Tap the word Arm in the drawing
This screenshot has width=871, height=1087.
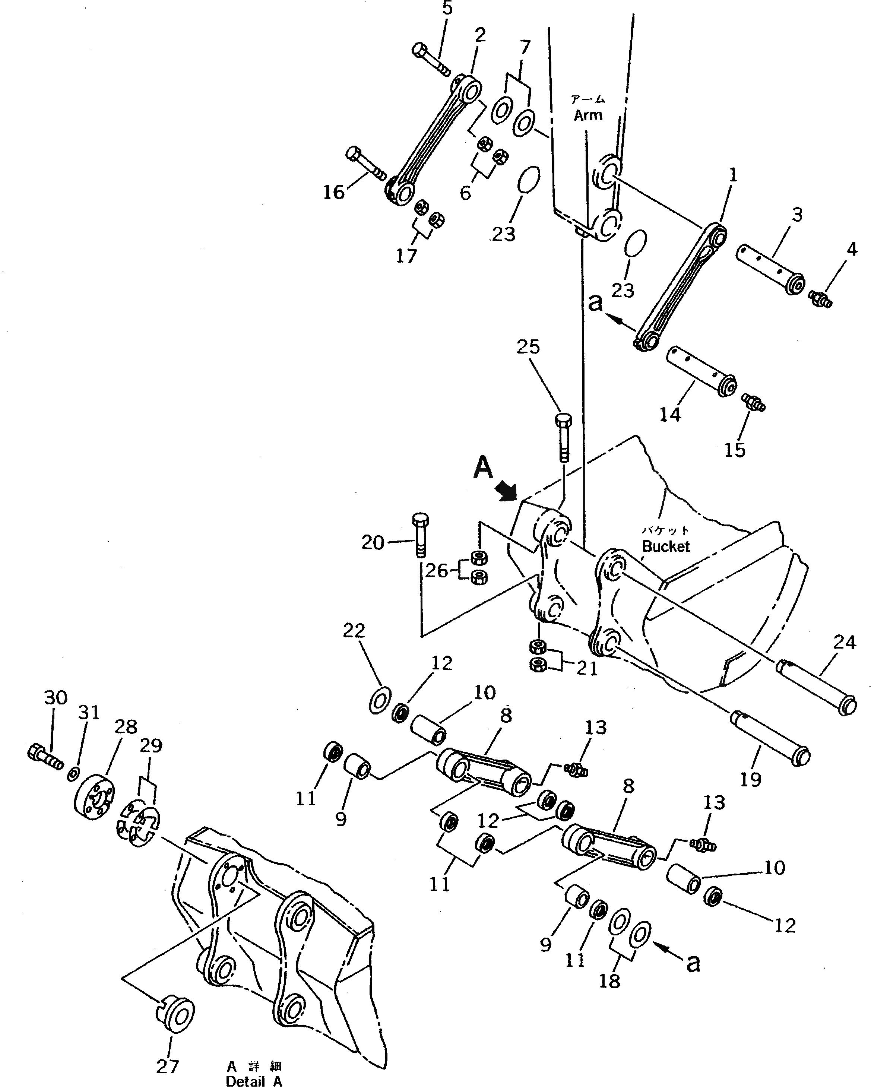pos(588,115)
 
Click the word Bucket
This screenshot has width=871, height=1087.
pos(666,546)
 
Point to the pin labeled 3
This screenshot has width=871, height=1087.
pos(770,270)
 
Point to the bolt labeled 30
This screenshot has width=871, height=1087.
pos(45,757)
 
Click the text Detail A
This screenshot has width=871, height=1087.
pos(254,1080)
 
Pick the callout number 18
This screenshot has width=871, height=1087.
pos(609,980)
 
